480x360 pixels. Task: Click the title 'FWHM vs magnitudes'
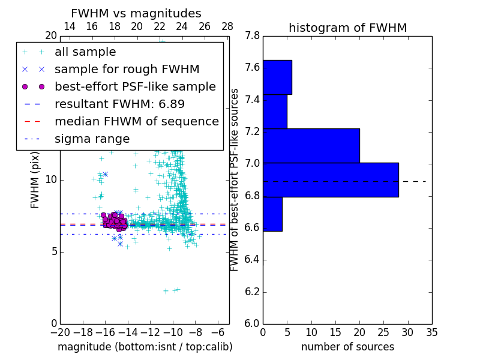coord(136,13)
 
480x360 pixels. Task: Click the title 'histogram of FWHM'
coord(347,28)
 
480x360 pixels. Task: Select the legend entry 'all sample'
coord(85,52)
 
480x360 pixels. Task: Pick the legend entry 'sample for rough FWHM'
coord(127,69)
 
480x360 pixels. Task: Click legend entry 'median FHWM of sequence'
coord(136,121)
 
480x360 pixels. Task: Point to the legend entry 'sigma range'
coord(92,139)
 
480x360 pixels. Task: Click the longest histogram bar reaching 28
coord(331,179)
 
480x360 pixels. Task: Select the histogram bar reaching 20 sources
coord(311,145)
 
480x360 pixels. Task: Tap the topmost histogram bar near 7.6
coord(277,77)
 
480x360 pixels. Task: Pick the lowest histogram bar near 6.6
coord(272,214)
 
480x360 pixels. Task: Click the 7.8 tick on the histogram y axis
coord(252,36)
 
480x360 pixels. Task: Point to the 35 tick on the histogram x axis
coord(432,332)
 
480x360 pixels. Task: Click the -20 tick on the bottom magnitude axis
coord(60,332)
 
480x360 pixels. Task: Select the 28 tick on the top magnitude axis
coord(227,26)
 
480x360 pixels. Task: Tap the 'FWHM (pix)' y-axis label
coord(35,179)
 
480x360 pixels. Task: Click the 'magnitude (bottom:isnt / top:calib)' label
coord(145,347)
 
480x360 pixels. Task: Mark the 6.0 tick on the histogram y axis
coord(252,323)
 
